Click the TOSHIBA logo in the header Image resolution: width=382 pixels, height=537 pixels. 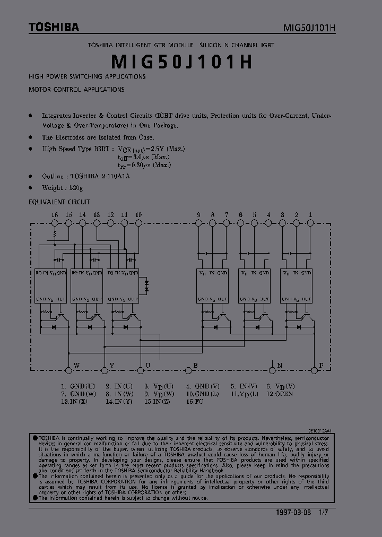pyautogui.click(x=54, y=27)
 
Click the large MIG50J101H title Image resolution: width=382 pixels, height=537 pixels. pyautogui.click(x=181, y=62)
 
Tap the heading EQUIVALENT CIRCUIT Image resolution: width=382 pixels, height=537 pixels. pyautogui.click(x=59, y=202)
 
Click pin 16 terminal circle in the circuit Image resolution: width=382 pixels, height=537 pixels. pyautogui.click(x=54, y=223)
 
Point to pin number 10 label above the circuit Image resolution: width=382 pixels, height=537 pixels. pyautogui.click(x=138, y=214)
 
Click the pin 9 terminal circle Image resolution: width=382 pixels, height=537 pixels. pyautogui.click(x=198, y=223)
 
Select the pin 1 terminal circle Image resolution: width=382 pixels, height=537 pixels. pyautogui.click(x=310, y=223)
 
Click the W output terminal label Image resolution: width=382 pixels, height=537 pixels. pyautogui.click(x=76, y=366)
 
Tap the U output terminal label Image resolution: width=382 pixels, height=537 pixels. pyautogui.click(x=147, y=366)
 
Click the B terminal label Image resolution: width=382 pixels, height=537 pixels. pyautogui.click(x=195, y=366)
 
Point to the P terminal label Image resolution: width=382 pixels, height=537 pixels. pyautogui.click(x=320, y=366)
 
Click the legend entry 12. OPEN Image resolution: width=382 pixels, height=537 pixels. pyautogui.click(x=280, y=394)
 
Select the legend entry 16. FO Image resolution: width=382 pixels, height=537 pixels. pyautogui.click(x=195, y=402)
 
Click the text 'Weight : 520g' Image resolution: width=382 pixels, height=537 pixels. pyautogui.click(x=63, y=188)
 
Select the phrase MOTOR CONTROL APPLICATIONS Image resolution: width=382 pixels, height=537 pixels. pyautogui.click(x=76, y=90)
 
